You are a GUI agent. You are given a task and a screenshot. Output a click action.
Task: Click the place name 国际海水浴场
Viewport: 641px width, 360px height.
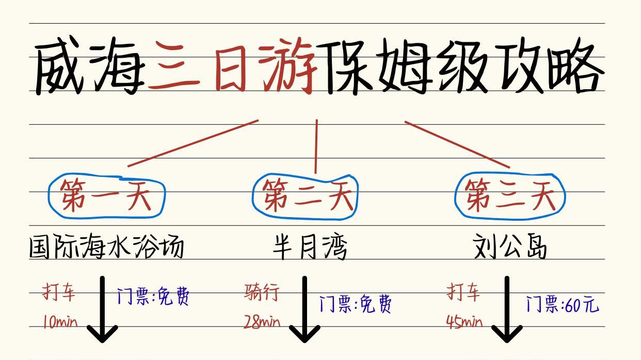pyautogui.click(x=106, y=248)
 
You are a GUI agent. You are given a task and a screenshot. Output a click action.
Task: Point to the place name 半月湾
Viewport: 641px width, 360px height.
pyautogui.click(x=310, y=248)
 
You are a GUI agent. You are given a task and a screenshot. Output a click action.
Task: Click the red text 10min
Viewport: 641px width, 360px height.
pyautogui.click(x=59, y=323)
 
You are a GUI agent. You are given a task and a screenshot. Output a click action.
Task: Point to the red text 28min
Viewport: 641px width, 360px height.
pyautogui.click(x=262, y=323)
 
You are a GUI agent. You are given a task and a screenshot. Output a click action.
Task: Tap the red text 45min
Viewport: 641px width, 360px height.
pyautogui.click(x=464, y=323)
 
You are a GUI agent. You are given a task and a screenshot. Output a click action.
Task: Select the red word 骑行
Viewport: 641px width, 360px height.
pyautogui.click(x=262, y=292)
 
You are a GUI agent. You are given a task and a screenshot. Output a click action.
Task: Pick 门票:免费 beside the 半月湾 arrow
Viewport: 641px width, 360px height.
pyautogui.click(x=355, y=304)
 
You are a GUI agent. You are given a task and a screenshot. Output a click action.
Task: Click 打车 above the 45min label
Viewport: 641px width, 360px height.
pyautogui.click(x=463, y=292)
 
